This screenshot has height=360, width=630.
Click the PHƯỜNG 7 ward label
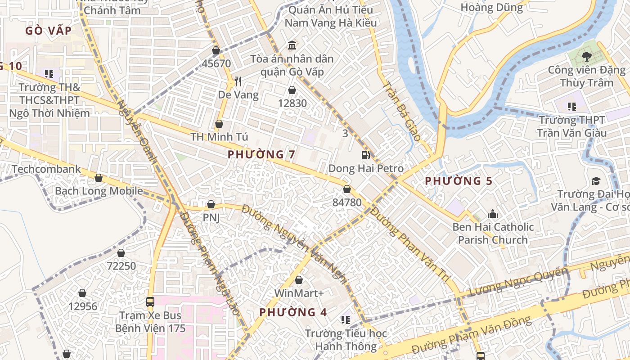(x=261, y=154)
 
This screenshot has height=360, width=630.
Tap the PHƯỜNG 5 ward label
(x=459, y=181)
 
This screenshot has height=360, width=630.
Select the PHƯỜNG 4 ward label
(x=293, y=312)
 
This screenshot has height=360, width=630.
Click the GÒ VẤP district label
(x=49, y=31)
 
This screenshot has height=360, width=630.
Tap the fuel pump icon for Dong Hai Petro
(x=366, y=155)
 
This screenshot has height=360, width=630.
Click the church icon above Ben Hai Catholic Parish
(x=493, y=213)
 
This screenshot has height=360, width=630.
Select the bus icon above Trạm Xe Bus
(x=150, y=302)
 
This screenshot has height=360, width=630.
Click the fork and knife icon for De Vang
(x=238, y=81)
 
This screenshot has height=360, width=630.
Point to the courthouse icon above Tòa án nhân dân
(x=292, y=45)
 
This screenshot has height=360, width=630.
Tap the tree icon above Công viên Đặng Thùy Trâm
(x=586, y=56)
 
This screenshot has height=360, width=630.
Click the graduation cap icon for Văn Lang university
(x=596, y=181)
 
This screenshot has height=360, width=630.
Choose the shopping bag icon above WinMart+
(x=299, y=280)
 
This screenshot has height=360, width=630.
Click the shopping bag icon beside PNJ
(x=211, y=205)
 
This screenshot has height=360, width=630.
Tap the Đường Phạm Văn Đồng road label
(x=471, y=335)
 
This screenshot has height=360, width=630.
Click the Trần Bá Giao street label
(x=401, y=111)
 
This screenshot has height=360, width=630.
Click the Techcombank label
(x=46, y=169)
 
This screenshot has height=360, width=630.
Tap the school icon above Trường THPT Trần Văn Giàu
(x=571, y=107)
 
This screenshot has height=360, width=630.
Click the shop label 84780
(x=347, y=202)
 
